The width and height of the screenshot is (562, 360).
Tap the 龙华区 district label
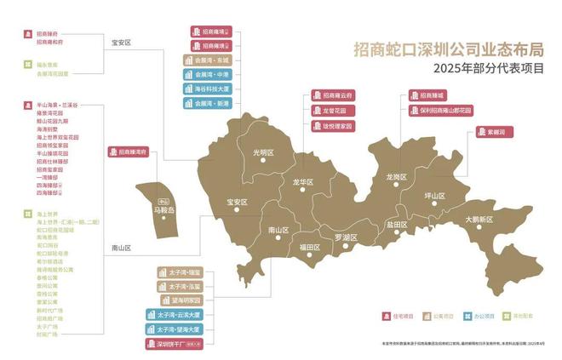point(303,183)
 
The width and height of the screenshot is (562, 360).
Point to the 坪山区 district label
point(435,196)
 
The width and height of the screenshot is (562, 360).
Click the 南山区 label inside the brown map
point(278,231)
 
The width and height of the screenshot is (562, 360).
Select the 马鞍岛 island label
point(163,209)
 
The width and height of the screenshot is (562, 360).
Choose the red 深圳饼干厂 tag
point(179,344)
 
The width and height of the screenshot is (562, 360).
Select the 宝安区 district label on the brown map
point(237,203)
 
